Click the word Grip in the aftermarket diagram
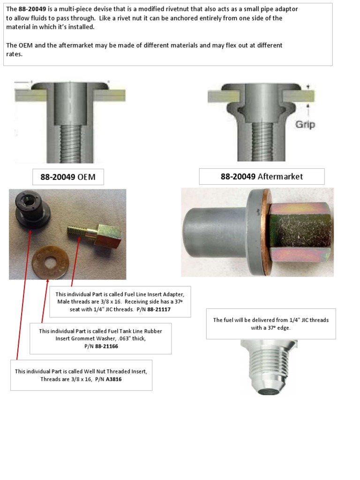point(305,125)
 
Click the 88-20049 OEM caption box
point(68,177)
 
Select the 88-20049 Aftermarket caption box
point(262,176)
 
